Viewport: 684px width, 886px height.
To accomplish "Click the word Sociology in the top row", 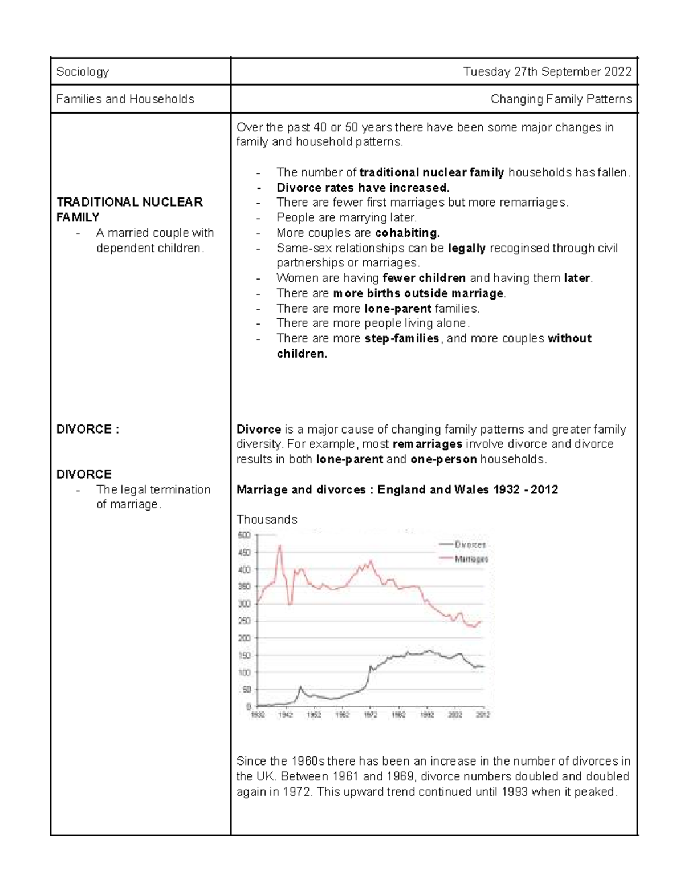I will [82, 72].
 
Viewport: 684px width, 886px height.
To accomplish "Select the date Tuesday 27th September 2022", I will [547, 72].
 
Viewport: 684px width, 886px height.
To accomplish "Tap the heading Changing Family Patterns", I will [561, 99].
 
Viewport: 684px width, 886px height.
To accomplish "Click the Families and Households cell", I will [125, 99].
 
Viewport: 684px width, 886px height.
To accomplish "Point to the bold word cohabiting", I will [407, 233].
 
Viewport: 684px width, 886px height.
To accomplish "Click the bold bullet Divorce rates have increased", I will [363, 188].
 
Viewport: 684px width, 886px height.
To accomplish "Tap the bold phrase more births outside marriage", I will [418, 293].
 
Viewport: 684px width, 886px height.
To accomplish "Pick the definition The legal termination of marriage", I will [153, 497].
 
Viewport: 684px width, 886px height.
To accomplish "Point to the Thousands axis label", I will [267, 520].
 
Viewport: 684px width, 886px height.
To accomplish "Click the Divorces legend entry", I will [470, 545].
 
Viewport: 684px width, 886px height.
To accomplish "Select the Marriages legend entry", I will [471, 560].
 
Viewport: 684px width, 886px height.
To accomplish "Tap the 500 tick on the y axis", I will [244, 535].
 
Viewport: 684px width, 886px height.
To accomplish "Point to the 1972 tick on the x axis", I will [370, 715].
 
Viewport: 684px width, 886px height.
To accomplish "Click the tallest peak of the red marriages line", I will [280, 547].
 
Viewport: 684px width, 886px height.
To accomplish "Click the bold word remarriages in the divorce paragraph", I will [427, 444].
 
